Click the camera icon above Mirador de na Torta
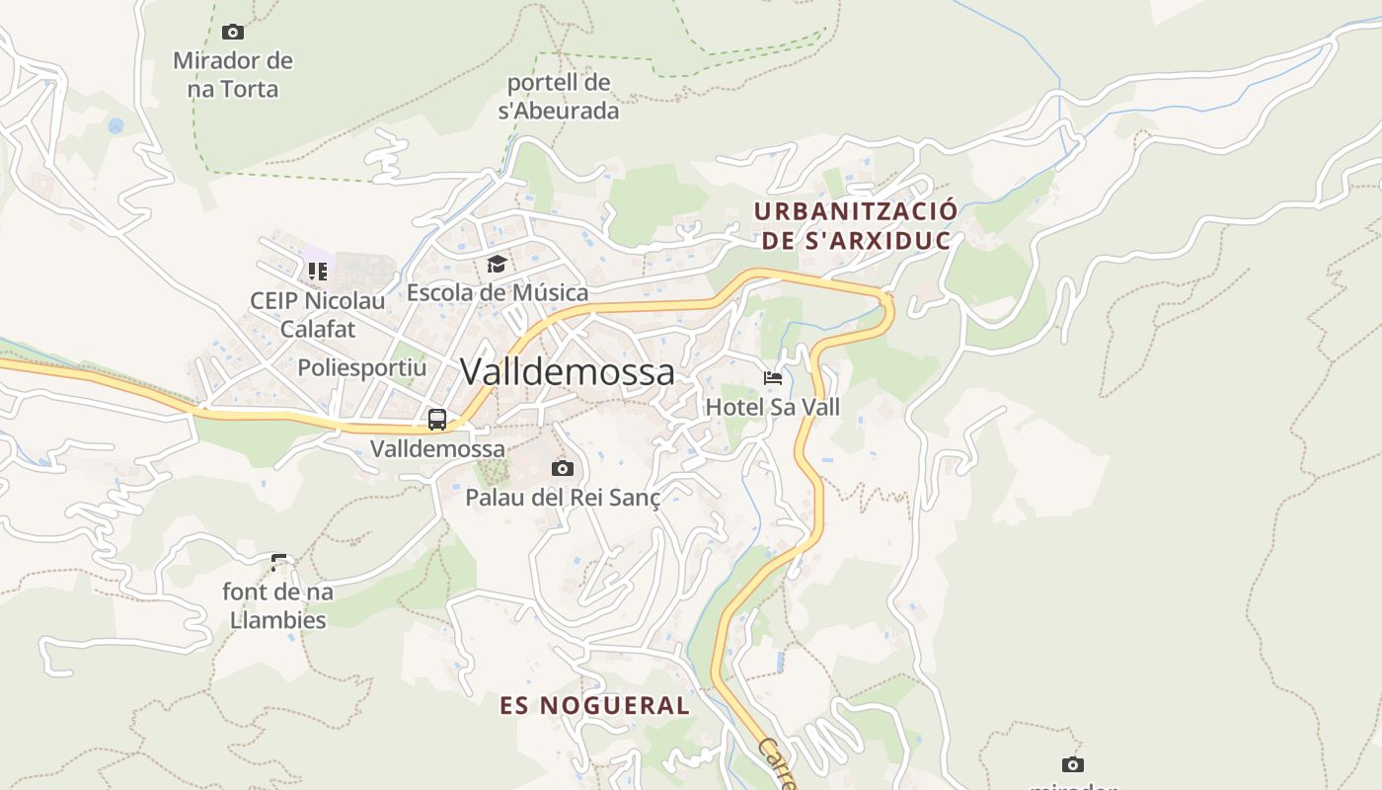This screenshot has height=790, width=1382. click(233, 32)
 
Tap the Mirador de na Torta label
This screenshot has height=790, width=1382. click(233, 75)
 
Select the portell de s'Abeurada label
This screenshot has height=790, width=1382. click(559, 97)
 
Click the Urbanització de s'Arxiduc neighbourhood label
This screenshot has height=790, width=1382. click(855, 226)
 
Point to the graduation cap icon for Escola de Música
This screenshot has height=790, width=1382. click(497, 265)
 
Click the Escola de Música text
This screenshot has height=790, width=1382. click(498, 292)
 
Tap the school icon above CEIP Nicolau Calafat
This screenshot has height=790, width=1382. click(317, 271)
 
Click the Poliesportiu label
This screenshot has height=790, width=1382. click(362, 368)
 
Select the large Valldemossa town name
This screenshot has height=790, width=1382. click(568, 372)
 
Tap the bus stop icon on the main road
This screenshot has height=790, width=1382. click(437, 420)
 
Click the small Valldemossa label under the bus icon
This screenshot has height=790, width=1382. click(437, 448)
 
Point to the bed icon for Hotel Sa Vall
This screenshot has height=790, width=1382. click(773, 378)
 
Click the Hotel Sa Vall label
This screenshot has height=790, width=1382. click(773, 406)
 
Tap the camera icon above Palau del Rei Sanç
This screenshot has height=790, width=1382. click(563, 468)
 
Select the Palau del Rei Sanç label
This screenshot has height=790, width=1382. click(563, 497)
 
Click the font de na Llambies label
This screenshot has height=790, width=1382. click(278, 606)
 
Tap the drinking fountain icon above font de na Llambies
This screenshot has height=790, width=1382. click(279, 563)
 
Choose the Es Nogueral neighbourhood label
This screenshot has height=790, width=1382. click(595, 705)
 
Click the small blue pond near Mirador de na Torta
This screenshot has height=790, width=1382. click(115, 126)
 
